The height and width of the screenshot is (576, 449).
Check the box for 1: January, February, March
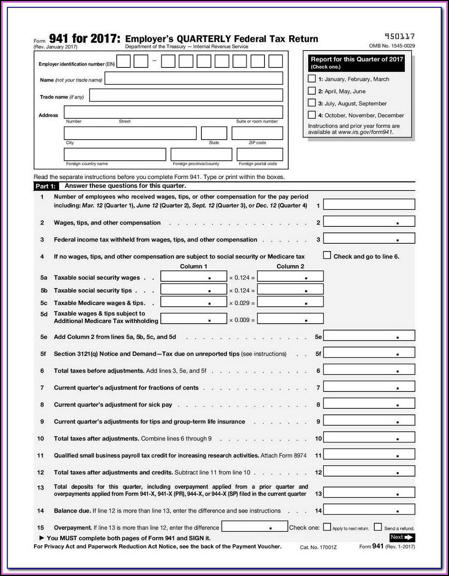click(312, 79)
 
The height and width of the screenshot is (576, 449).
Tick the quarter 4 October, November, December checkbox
click(312, 115)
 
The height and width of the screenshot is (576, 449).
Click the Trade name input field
click(186, 95)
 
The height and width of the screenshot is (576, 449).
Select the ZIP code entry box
click(257, 133)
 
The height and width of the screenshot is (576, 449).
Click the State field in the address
click(214, 133)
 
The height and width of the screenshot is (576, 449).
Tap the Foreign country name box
click(115, 154)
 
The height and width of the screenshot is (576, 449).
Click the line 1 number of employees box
click(369, 204)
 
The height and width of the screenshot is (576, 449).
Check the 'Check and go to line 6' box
click(327, 255)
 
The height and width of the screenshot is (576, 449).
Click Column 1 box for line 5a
click(194, 276)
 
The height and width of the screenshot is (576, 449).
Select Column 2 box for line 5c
click(290, 302)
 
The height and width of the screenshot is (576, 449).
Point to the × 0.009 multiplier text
click(242, 320)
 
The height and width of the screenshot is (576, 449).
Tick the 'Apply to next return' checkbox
click(327, 527)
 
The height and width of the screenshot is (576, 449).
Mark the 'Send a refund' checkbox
click(378, 527)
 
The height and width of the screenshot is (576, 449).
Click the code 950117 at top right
click(400, 37)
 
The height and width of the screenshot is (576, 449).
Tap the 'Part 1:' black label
click(45, 186)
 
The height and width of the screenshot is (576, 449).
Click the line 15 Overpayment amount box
click(255, 526)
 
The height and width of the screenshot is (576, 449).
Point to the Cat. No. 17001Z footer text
click(318, 547)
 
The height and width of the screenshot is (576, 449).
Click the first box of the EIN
click(124, 61)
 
